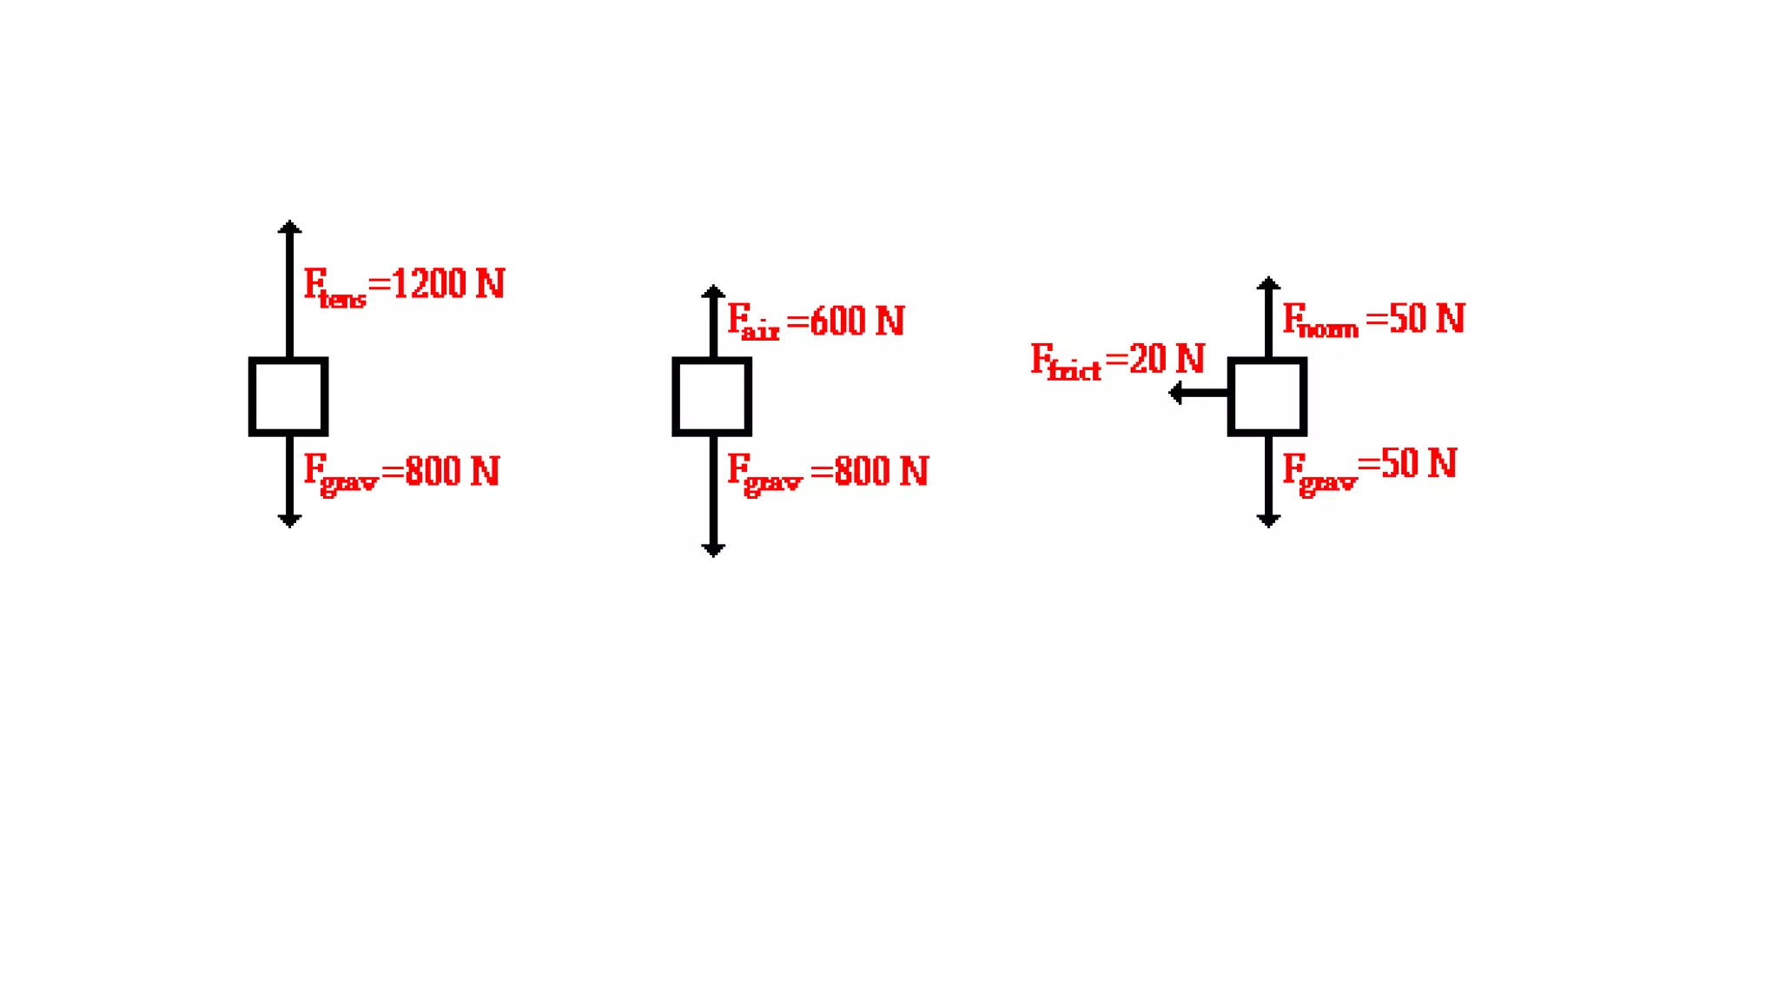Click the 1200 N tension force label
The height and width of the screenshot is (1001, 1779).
404,286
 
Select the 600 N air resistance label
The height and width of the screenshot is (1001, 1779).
816,322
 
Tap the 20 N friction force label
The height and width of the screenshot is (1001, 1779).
1117,361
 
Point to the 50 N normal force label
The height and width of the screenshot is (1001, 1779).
1373,320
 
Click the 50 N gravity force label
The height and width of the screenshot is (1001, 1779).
1370,467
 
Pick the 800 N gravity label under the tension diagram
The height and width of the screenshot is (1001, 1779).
401,473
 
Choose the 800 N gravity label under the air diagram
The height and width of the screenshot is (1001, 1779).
827,473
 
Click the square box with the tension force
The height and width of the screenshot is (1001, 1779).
288,396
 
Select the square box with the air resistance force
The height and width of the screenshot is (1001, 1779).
711,396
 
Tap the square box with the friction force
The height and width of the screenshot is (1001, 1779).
1266,396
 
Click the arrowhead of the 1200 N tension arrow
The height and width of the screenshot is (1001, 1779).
289,228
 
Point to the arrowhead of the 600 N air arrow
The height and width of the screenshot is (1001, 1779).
713,292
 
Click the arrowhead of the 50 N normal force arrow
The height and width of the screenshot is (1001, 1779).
1268,284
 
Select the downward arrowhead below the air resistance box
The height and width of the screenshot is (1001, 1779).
713,549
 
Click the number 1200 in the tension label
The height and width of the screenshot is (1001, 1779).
429,284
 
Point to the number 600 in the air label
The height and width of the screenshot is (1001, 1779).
837,321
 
